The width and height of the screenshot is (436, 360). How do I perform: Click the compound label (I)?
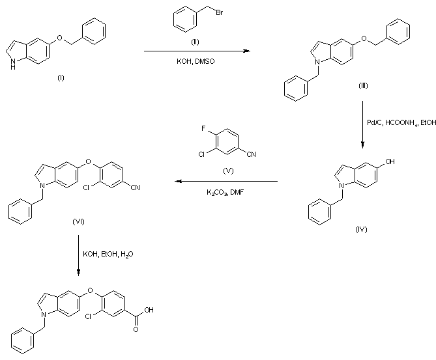click(x=61, y=78)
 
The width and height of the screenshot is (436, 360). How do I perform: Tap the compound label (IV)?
click(x=362, y=229)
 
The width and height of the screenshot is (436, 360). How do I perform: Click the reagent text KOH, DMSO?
click(x=197, y=62)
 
